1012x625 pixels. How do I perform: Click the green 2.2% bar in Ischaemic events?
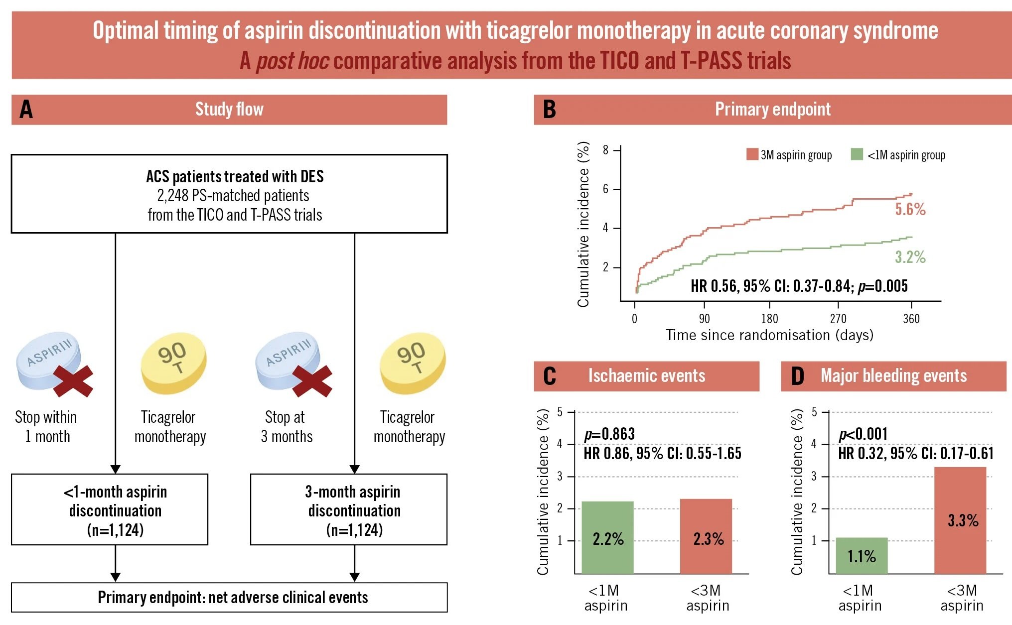(607, 538)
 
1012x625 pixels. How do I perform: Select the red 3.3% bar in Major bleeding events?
(960, 520)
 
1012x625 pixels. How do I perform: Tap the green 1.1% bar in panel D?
(862, 556)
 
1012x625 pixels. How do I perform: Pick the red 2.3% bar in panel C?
(706, 537)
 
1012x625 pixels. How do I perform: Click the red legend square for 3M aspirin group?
(752, 154)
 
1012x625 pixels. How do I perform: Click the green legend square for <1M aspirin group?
(857, 154)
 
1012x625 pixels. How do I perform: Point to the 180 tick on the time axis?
(769, 319)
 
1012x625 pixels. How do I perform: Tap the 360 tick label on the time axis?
(911, 319)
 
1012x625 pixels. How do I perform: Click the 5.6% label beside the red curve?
(910, 209)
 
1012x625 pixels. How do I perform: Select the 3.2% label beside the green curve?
(910, 257)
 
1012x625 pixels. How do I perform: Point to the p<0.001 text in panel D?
(863, 434)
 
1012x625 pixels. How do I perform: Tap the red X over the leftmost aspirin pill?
(73, 381)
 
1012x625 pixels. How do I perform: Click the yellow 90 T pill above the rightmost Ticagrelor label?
(412, 364)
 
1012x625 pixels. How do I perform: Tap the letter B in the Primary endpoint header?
(549, 110)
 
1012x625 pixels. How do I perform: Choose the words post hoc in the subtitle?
(292, 61)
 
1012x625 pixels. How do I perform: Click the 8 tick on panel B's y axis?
(605, 150)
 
